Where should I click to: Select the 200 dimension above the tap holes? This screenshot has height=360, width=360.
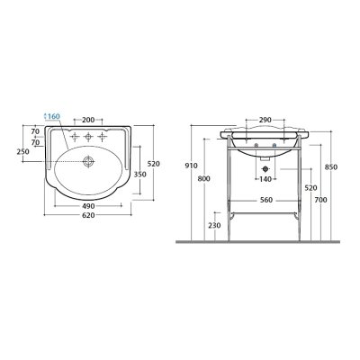88,120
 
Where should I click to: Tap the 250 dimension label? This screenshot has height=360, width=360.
23,152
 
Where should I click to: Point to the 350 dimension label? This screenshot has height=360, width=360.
139,175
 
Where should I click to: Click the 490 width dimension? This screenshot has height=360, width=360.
88,206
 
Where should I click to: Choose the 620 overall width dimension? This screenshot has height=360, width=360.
88,215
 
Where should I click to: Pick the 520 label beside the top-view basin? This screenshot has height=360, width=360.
154,164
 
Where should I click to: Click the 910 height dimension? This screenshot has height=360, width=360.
192,166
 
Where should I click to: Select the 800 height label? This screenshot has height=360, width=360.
204,179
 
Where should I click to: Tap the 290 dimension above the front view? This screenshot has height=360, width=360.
265,120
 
